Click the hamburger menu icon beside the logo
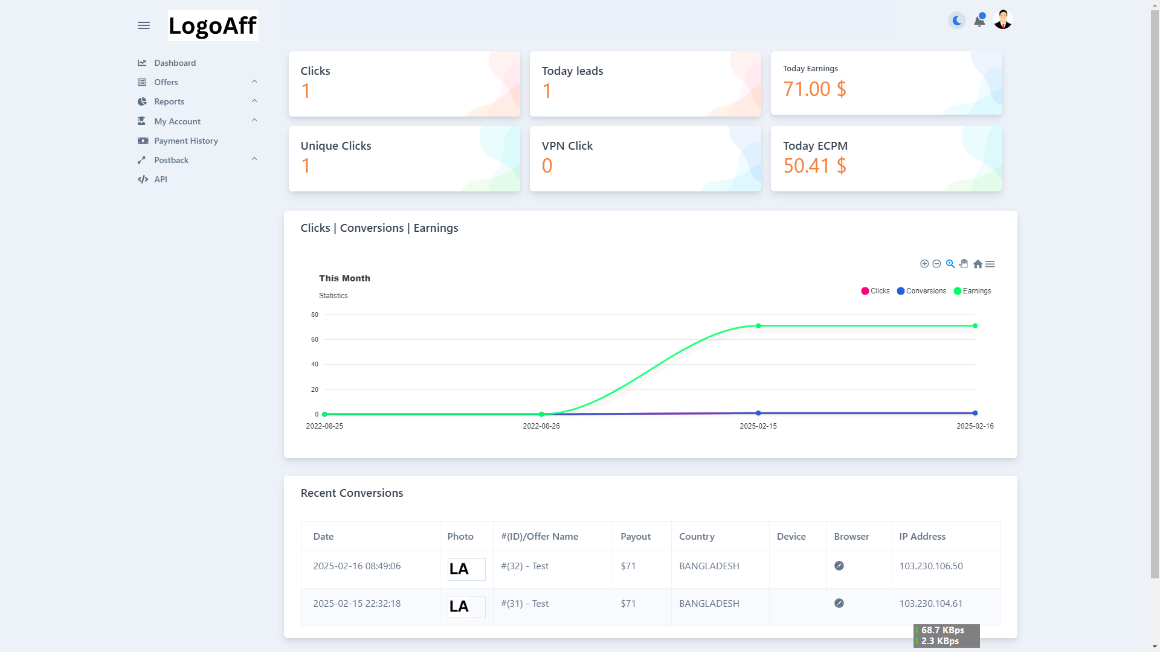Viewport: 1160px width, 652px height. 143,25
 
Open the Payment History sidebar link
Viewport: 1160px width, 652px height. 185,141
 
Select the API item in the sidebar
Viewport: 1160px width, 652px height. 160,179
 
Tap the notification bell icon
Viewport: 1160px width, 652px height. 979,21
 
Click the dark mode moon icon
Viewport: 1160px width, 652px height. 957,21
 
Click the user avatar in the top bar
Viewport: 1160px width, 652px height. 1003,20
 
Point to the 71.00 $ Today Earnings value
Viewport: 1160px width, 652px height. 814,89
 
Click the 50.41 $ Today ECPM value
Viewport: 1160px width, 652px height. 814,165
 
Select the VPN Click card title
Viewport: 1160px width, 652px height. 567,146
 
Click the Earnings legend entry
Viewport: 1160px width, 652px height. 973,291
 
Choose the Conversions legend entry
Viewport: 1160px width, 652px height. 922,291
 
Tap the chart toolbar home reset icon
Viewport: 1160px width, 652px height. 978,264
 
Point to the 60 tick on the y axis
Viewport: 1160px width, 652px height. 315,339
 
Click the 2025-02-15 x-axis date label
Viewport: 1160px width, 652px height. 758,426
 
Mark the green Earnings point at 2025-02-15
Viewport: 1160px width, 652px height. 758,326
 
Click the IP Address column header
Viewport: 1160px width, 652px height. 922,537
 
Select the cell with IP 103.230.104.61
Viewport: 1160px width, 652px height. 930,604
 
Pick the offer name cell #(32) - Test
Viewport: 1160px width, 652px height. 524,566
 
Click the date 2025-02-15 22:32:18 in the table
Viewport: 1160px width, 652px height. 356,604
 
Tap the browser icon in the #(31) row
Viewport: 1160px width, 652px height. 839,603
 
